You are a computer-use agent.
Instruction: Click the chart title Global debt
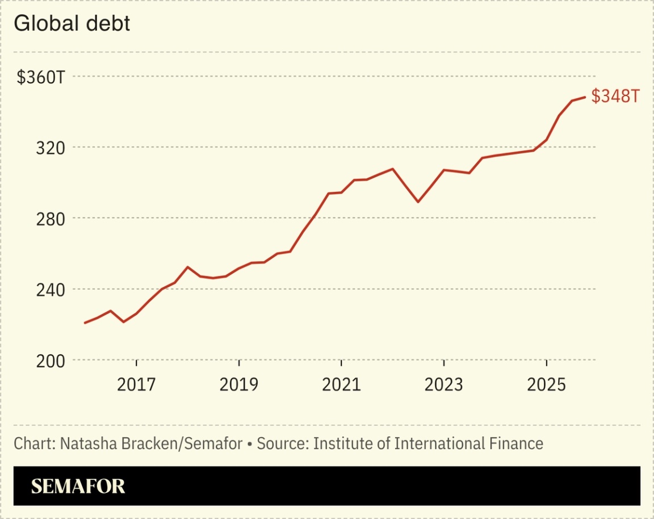(72, 24)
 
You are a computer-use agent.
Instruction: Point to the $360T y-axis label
(41, 77)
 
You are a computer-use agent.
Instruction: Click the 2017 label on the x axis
(136, 385)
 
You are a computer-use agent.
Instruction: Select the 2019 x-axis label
(239, 385)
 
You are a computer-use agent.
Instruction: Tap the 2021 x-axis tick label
(341, 385)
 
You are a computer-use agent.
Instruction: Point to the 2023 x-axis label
(444, 385)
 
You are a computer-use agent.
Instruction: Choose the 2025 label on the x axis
(546, 385)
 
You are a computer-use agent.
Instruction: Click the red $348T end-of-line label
(615, 97)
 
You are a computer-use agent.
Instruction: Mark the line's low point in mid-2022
(418, 202)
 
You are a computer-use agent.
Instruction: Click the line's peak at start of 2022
(392, 169)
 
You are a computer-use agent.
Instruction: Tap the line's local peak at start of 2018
(188, 267)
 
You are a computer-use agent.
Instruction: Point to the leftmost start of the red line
(85, 323)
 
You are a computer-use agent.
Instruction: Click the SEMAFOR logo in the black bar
(78, 487)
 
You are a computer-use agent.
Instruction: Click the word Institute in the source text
(339, 443)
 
